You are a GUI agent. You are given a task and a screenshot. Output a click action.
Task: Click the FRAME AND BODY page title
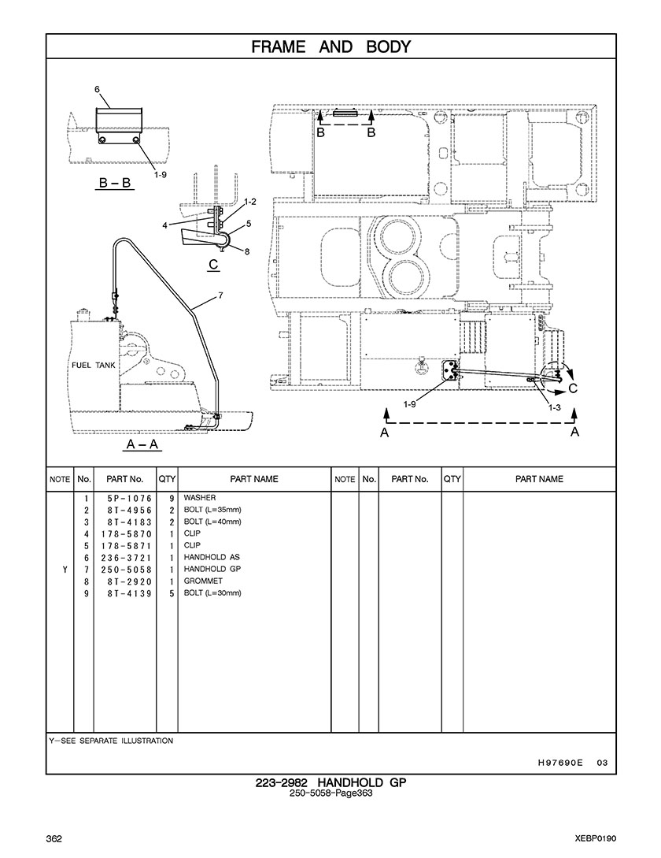pos(330,47)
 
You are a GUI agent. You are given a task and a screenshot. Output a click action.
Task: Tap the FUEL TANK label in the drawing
pos(94,365)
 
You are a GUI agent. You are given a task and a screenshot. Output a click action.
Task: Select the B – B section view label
pos(116,183)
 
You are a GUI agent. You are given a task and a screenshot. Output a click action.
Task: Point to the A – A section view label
pos(142,444)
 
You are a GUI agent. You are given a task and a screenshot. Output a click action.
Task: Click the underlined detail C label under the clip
pos(214,264)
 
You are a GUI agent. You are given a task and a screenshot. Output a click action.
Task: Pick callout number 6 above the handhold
pos(98,89)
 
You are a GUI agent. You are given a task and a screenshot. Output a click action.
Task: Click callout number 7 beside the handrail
pos(220,295)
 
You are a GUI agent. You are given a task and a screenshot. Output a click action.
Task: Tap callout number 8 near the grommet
pos(247,251)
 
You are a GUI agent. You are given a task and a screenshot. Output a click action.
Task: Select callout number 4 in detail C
pos(164,225)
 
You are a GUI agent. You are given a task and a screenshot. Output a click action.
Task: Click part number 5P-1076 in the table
pos(130,499)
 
